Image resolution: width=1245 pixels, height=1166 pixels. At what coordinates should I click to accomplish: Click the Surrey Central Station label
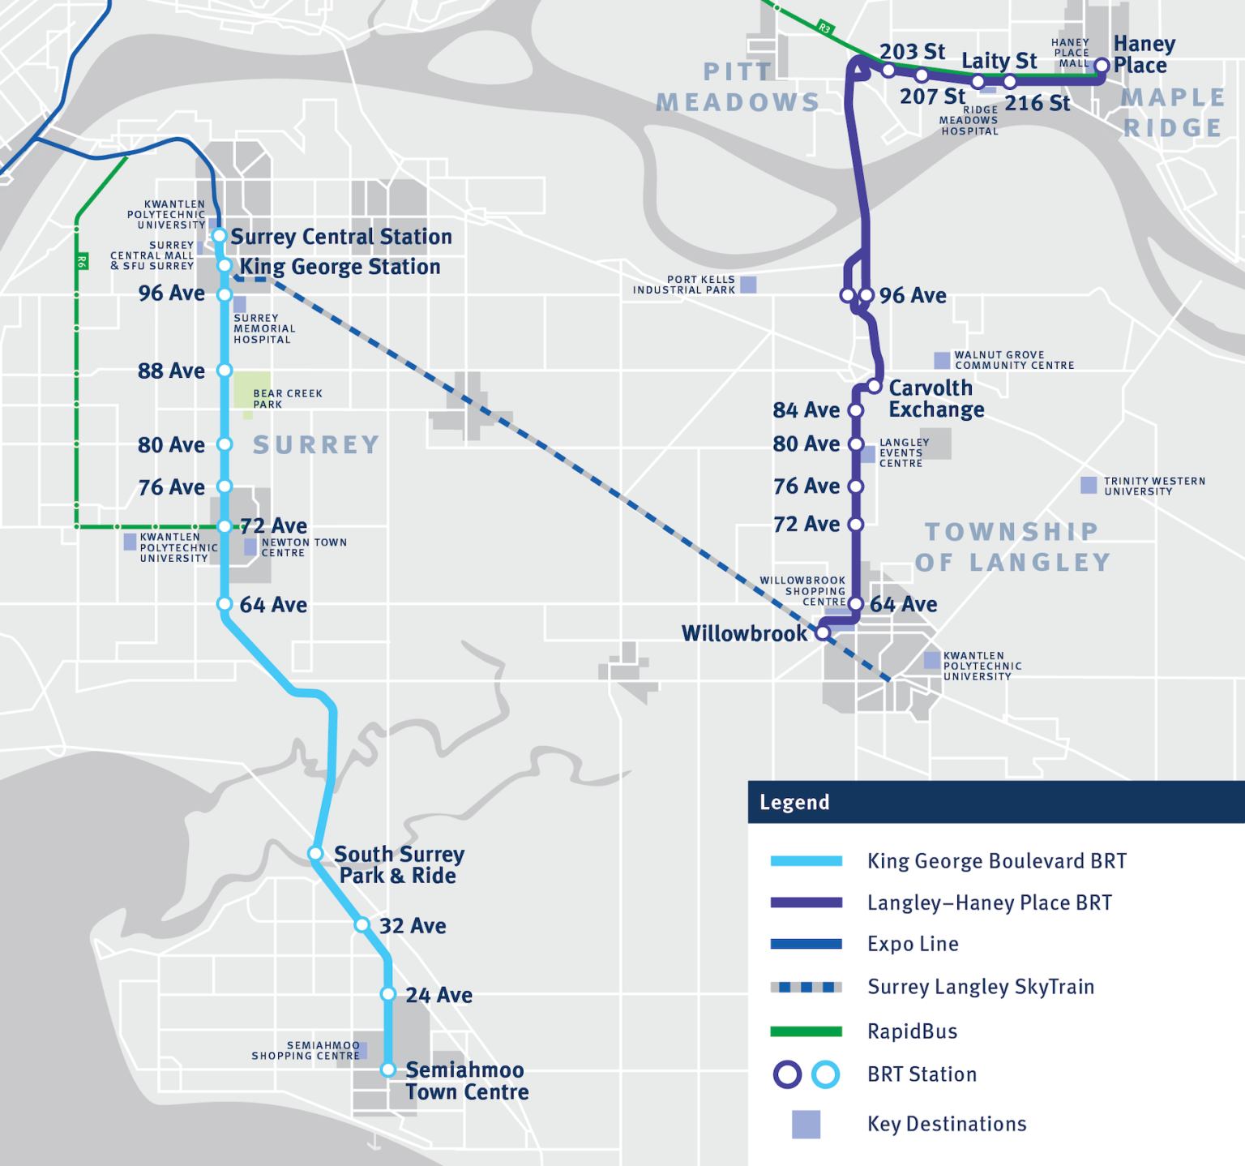point(341,237)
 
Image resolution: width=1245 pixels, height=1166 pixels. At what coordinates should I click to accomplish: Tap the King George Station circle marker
point(225,266)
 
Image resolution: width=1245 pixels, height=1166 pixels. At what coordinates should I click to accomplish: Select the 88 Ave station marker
point(225,371)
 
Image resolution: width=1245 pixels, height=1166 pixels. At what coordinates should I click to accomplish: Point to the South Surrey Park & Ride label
point(398,865)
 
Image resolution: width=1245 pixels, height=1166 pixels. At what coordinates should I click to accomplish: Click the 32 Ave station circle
point(362,925)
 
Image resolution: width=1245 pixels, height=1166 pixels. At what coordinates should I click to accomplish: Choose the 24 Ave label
point(439,995)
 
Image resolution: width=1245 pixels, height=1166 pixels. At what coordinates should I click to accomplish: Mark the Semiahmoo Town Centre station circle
point(388,1070)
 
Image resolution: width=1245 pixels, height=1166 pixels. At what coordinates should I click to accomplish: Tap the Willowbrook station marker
point(823,633)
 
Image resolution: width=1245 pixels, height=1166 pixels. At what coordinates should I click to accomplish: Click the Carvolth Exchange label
point(936,399)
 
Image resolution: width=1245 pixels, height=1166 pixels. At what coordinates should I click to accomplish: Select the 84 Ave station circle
point(855,410)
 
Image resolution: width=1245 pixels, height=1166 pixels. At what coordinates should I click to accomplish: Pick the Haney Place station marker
point(1102,66)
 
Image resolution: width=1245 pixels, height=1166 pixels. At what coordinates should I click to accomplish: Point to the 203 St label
point(912,52)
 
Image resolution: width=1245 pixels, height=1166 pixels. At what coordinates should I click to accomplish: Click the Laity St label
point(999,61)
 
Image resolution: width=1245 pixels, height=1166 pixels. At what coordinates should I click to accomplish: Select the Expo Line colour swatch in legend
point(806,944)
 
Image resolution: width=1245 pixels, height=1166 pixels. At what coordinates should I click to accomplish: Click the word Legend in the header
point(794,803)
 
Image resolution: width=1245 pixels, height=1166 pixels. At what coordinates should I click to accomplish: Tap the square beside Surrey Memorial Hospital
point(240,305)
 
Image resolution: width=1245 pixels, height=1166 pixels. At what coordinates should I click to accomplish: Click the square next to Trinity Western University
point(1089,486)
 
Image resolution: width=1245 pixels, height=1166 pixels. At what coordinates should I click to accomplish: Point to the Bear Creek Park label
point(287,398)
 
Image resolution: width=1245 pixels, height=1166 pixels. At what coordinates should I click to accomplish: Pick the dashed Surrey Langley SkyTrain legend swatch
point(806,987)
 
